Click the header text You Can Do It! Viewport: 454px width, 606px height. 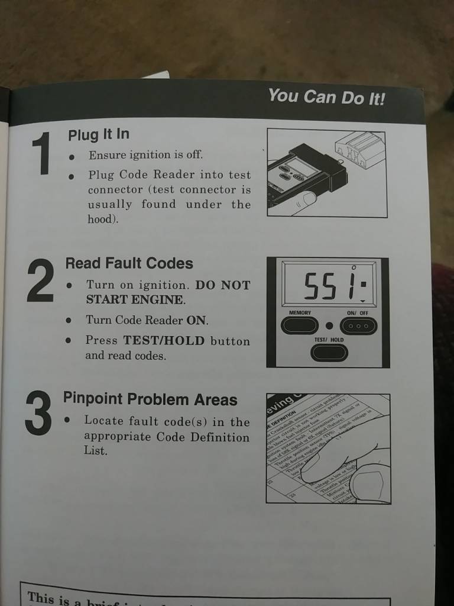tap(326, 96)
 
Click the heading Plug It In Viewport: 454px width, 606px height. tap(98, 134)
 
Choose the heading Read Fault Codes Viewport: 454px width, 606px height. tap(129, 263)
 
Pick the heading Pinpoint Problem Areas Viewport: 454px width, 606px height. tap(150, 399)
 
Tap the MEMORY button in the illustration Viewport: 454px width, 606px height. tap(300, 325)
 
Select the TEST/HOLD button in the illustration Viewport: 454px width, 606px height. tap(329, 352)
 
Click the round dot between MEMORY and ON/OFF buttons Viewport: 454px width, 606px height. tap(329, 325)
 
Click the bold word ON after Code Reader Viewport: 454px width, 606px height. tap(197, 320)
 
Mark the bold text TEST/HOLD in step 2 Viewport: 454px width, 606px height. tap(164, 341)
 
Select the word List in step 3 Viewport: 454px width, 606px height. tap(95, 451)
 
